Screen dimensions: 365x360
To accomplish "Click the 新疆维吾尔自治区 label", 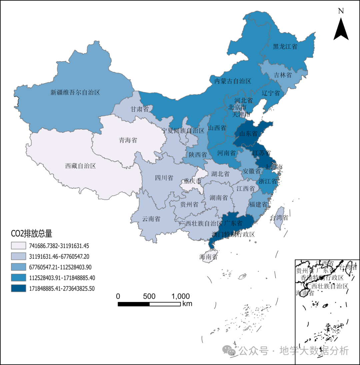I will [x=75, y=92].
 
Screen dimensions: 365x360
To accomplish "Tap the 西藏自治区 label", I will [x=80, y=166].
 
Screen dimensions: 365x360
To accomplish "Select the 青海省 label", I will [x=128, y=140].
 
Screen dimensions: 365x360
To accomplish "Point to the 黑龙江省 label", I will [x=285, y=47].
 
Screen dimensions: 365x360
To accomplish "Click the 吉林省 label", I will [x=283, y=75].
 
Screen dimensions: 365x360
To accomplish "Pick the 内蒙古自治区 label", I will [x=232, y=81].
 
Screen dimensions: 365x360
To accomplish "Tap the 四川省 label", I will [x=164, y=178].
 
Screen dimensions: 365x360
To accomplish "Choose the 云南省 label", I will [x=151, y=219].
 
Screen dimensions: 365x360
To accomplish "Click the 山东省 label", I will [x=248, y=134].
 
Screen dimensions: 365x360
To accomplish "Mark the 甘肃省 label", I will [x=139, y=109].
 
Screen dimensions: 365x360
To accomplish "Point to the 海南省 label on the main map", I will [x=208, y=257].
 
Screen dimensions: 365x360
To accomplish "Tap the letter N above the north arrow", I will [x=341, y=11].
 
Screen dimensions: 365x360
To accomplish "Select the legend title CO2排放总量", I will [x=32, y=233].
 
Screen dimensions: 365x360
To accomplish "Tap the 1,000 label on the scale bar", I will [x=181, y=296].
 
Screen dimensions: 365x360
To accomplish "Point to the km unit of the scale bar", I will [x=187, y=304].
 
